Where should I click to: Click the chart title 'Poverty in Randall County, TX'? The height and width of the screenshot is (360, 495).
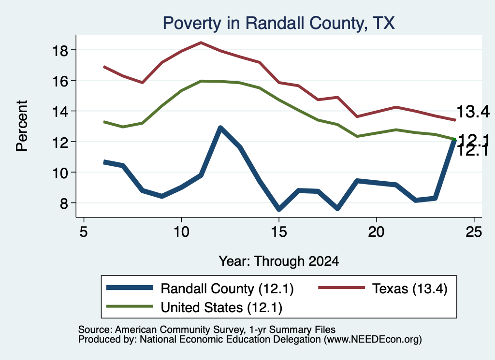(279, 23)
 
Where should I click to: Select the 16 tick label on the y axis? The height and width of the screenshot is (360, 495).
(60, 81)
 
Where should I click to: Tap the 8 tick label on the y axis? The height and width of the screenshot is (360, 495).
(64, 203)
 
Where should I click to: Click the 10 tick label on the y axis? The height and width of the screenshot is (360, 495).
(60, 173)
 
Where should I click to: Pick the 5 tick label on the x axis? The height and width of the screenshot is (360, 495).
(83, 231)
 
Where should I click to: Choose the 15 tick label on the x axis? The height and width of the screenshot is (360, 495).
(279, 231)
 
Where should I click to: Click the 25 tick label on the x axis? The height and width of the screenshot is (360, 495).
(474, 231)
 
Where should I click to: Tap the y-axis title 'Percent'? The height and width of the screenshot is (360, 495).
(22, 126)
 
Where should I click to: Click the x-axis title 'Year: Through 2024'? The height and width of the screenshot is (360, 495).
(279, 261)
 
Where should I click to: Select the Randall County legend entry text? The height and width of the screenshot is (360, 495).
(227, 288)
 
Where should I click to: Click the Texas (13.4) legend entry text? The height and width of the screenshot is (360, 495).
(410, 288)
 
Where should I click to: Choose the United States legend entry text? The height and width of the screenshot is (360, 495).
(221, 308)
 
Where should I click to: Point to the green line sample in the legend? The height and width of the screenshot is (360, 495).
(130, 306)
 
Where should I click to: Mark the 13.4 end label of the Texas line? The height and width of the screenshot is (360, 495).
(473, 112)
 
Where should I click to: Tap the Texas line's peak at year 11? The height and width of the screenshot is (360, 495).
(201, 43)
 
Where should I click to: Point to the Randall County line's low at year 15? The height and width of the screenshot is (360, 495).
(279, 209)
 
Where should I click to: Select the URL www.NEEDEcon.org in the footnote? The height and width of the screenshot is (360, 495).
(373, 340)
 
